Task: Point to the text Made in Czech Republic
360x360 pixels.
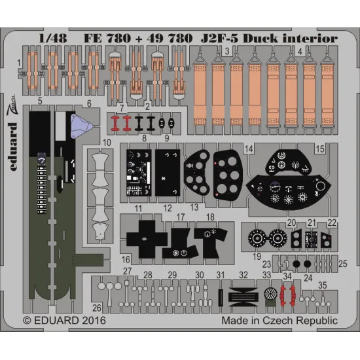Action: [x=279, y=321]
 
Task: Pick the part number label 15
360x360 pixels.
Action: [x=319, y=150]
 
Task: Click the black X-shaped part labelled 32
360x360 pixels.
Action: [x=243, y=297]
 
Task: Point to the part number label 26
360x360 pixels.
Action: [x=97, y=308]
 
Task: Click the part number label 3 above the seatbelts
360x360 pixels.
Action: [x=226, y=50]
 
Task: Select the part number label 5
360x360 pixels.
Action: [x=41, y=102]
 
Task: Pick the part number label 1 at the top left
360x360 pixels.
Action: [x=20, y=63]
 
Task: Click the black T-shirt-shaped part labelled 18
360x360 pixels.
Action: [x=211, y=240]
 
